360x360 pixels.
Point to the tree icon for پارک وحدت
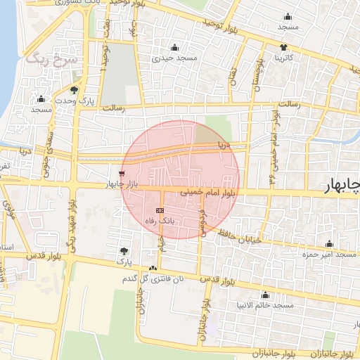(x=75, y=89)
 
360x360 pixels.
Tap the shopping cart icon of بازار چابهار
(x=122, y=173)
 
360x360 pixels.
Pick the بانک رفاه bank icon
(x=160, y=210)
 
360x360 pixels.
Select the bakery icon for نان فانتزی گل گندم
(x=153, y=268)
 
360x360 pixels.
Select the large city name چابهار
(x=340, y=185)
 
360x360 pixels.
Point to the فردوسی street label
(x=202, y=221)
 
